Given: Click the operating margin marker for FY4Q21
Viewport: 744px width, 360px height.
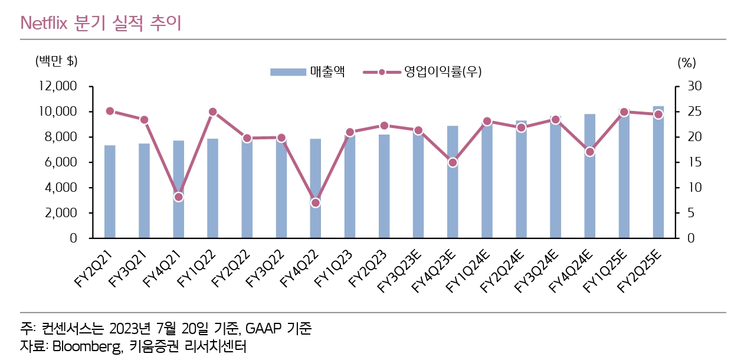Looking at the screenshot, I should (x=179, y=197).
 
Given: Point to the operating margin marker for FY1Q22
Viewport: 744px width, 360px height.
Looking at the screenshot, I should (x=213, y=112).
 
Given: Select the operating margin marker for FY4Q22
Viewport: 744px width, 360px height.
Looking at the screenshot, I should (x=315, y=202).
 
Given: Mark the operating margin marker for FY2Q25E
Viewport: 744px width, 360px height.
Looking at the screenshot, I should (x=658, y=114).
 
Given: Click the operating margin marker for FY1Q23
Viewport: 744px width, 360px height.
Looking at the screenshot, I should (x=350, y=132).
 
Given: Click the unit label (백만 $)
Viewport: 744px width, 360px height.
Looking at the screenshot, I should (x=57, y=61).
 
